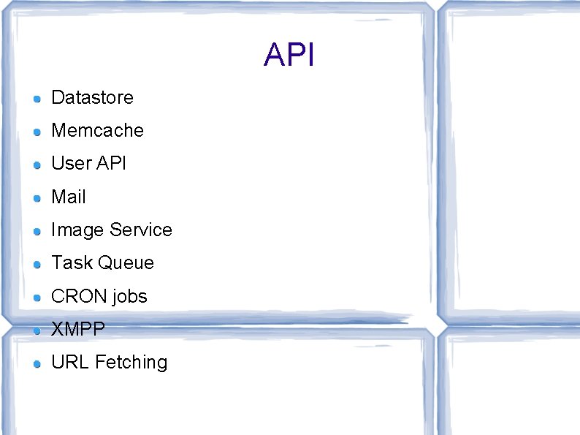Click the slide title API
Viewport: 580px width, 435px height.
click(289, 56)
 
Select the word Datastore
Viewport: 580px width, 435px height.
click(92, 97)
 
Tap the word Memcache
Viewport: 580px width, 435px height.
click(97, 130)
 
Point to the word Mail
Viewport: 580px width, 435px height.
click(69, 197)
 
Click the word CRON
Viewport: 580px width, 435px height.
click(79, 296)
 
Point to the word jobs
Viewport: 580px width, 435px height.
click(130, 297)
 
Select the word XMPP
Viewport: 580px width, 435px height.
click(78, 329)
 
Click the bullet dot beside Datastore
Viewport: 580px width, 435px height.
click(37, 98)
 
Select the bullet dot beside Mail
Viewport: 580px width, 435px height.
click(37, 197)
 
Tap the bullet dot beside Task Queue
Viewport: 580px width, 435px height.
click(37, 264)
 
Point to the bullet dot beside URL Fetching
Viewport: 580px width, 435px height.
click(37, 363)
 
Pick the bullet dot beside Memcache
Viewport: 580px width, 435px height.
click(37, 132)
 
